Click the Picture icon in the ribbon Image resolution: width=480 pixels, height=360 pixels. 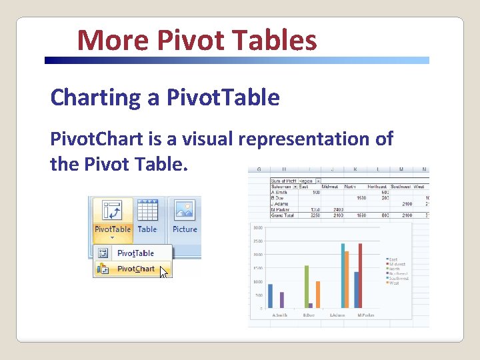185,211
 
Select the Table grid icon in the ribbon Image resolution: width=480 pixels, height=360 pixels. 147,211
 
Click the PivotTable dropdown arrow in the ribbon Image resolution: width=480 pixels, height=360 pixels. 112,237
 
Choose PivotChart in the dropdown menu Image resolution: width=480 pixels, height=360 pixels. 135,269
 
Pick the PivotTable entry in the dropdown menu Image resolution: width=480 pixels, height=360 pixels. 135,253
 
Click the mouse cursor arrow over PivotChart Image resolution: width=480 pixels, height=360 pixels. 164,272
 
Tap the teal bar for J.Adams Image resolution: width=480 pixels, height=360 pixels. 343,275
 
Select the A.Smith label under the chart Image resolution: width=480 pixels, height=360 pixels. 280,315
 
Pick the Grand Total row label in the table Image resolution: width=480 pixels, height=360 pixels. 283,214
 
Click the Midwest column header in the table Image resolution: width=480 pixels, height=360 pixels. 329,186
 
